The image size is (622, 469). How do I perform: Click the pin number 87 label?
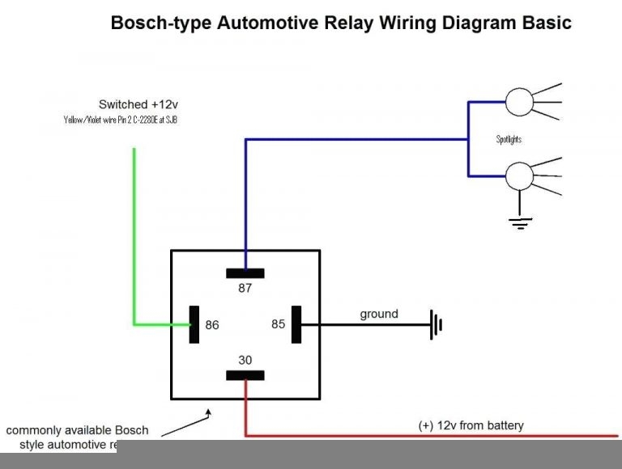pyautogui.click(x=245, y=289)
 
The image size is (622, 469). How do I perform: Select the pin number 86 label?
pyautogui.click(x=212, y=325)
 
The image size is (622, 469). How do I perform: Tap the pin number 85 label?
pyautogui.click(x=279, y=324)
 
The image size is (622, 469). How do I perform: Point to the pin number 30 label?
pyautogui.click(x=245, y=360)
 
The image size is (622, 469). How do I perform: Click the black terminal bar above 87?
pyautogui.click(x=245, y=273)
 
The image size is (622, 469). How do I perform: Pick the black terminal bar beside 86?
pyautogui.click(x=194, y=324)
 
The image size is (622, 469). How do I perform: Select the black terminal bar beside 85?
pyautogui.click(x=296, y=324)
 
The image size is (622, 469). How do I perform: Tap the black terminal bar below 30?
pyautogui.click(x=245, y=375)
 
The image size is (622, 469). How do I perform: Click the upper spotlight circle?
pyautogui.click(x=518, y=102)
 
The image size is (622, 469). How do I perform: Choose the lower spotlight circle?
pyautogui.click(x=518, y=175)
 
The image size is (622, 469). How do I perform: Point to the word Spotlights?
pyautogui.click(x=509, y=139)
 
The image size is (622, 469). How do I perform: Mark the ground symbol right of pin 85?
pyautogui.click(x=437, y=325)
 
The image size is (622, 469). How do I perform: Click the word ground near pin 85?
pyautogui.click(x=379, y=314)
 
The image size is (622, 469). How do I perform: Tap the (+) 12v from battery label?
pyautogui.click(x=471, y=425)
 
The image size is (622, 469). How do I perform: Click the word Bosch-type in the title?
pyautogui.click(x=160, y=23)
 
